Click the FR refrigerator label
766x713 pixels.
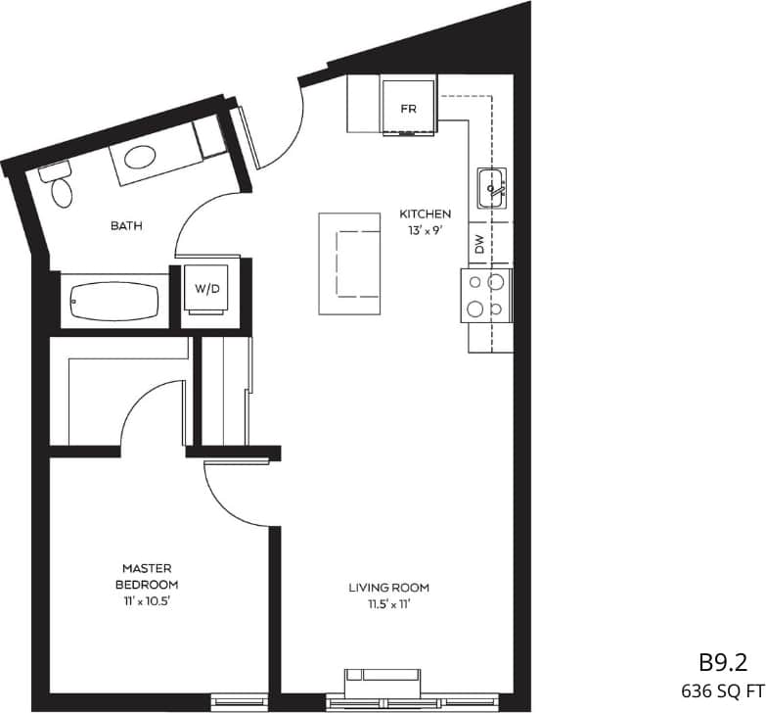click(x=408, y=109)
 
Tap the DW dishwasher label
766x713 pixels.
click(x=479, y=245)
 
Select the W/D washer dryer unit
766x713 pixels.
click(x=206, y=288)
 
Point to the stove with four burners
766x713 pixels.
click(x=486, y=295)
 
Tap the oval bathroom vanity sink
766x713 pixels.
click(x=143, y=157)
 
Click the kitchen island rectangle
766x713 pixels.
click(x=349, y=262)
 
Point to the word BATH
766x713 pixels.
click(x=126, y=225)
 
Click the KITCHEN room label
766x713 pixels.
click(x=425, y=214)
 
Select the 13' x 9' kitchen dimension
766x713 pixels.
click(x=425, y=231)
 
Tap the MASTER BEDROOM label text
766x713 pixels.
click(x=147, y=575)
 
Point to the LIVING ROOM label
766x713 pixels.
click(x=389, y=588)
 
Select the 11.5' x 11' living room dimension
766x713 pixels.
click(x=389, y=604)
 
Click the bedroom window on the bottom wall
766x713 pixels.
click(x=238, y=701)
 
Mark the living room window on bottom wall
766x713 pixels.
click(x=383, y=701)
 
